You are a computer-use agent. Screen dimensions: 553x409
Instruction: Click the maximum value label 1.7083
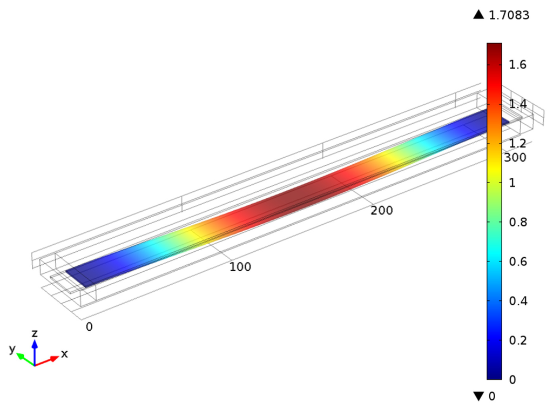[509, 15]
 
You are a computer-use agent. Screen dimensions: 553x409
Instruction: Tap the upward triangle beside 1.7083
[478, 15]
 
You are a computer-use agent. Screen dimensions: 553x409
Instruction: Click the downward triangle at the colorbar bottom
[478, 396]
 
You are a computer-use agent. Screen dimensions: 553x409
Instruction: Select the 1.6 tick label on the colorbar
[517, 65]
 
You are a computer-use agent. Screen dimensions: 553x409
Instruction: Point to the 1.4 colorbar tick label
[517, 104]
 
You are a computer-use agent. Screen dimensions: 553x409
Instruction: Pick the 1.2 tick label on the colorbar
[517, 143]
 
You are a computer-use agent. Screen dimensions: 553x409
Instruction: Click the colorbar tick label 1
[512, 183]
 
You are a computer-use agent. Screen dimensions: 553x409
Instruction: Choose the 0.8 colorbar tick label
[518, 222]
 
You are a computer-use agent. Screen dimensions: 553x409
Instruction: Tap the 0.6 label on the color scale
[518, 262]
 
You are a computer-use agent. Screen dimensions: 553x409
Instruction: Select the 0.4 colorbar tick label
[518, 301]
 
